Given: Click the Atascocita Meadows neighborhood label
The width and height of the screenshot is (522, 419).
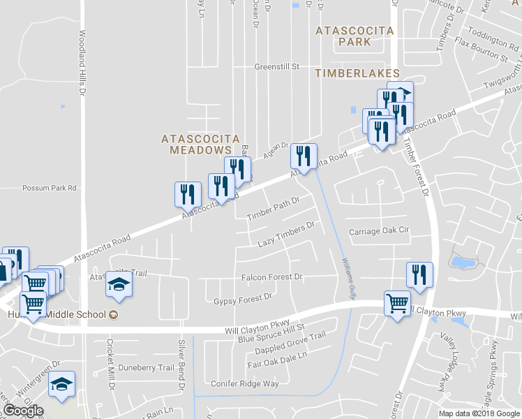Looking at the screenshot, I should [196, 144].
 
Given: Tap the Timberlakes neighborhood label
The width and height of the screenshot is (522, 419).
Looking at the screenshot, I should [357, 73].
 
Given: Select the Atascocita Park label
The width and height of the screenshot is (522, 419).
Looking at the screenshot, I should [355, 36].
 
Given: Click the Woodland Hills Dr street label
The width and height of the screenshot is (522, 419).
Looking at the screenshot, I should [82, 63].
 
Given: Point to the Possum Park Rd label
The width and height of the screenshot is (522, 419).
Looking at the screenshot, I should [49, 188].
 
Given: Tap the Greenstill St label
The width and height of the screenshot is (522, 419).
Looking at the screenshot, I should [276, 67].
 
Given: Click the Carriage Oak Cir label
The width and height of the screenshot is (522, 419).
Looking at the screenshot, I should [379, 231].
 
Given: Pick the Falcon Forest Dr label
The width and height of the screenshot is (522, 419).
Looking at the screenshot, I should [271, 277].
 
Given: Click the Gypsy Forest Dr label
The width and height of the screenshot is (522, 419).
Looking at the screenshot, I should [242, 298].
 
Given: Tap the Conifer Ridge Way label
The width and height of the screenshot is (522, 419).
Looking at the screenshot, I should [245, 383].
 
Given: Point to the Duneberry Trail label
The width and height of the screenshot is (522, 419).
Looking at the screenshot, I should [146, 367].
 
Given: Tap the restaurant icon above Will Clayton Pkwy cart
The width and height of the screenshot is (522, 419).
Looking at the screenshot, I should [419, 274].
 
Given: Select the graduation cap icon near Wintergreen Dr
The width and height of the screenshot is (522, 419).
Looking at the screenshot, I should [63, 385].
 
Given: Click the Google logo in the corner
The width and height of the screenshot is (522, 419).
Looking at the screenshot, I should [22, 411].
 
